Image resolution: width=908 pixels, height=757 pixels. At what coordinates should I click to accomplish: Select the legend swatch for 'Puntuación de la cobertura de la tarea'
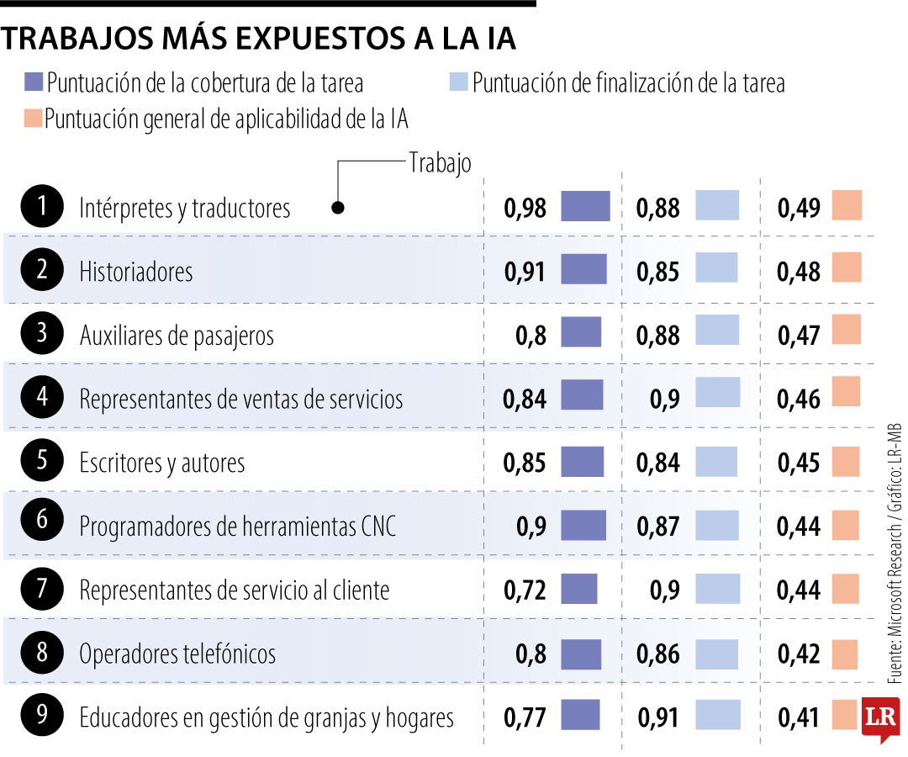pos(34,82)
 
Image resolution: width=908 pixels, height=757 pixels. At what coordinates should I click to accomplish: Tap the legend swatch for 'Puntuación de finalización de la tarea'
pos(458,82)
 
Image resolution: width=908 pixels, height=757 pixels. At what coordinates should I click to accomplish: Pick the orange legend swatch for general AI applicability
pos(34,119)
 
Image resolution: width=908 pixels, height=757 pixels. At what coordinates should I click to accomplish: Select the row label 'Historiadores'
pos(136,272)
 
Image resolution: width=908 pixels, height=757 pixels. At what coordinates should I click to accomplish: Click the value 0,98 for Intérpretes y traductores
pos(525,208)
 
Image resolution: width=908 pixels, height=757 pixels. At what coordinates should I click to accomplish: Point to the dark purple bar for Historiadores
pos(583,269)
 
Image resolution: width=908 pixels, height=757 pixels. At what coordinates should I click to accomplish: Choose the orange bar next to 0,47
pos(847,330)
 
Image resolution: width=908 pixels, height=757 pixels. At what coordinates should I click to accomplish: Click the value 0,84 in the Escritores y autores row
pos(657,463)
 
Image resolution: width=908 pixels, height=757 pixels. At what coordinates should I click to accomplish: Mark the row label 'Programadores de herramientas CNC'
pos(237,527)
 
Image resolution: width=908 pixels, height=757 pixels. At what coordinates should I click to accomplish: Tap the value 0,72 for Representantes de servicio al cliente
pos(525,590)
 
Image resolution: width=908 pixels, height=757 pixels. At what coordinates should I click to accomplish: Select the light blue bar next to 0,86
pos(716,654)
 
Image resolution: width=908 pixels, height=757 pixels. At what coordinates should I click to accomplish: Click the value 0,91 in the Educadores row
pos(657,717)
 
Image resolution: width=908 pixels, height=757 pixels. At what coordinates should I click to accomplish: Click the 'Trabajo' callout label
pos(440,163)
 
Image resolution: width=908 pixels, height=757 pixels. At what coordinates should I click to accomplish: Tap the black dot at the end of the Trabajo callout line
pos(338,207)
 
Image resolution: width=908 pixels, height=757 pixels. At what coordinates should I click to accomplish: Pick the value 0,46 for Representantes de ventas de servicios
pos(798,399)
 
